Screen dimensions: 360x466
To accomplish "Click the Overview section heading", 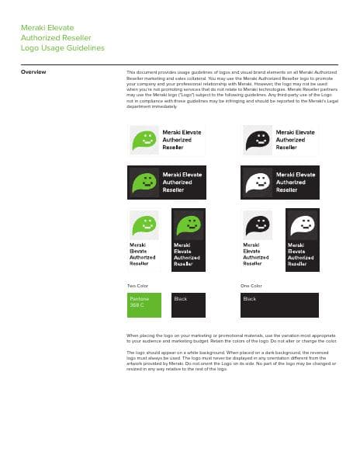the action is pos(33,72).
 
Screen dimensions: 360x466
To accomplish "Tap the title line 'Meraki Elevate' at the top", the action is pos(47,27).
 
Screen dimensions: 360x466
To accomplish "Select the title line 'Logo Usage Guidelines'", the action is pos(62,48).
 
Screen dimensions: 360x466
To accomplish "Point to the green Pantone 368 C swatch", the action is pos(144,304).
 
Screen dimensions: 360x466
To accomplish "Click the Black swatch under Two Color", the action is pos(189,304).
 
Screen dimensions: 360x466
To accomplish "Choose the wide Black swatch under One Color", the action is pos(279,304).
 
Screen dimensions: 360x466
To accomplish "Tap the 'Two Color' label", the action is pos(137,286).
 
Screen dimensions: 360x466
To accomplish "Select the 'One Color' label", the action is pos(251,286).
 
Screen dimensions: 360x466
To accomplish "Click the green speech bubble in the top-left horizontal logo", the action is pos(144,140).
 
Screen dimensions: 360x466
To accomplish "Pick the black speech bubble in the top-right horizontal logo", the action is pos(258,140).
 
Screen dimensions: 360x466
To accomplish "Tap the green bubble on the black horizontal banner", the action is pos(144,182).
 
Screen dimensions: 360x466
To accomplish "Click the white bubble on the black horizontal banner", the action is pos(258,182).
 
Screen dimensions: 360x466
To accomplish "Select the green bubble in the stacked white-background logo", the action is pos(144,225).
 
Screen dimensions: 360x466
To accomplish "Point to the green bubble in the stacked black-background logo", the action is pos(189,225).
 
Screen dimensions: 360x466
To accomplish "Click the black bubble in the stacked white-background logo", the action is pos(258,225).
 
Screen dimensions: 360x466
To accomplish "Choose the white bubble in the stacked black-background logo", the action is pos(303,225).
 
